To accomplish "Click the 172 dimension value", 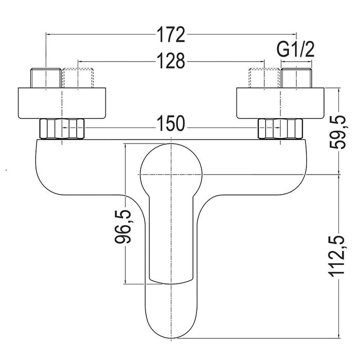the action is [x=171, y=34].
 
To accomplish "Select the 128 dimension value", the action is [x=171, y=61].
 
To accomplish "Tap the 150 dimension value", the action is [x=171, y=123].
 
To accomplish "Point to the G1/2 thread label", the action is [x=296, y=50].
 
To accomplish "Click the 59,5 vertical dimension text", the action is [x=337, y=132].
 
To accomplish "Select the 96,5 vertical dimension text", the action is [x=123, y=227].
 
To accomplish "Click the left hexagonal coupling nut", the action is [x=62, y=129].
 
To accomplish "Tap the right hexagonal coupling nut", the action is [x=280, y=129].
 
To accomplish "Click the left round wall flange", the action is [x=62, y=103].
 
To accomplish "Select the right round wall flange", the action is [x=280, y=103].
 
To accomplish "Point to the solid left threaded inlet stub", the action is [x=46, y=78].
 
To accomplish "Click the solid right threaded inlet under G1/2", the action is [x=296, y=78].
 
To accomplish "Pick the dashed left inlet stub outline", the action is [x=78, y=78].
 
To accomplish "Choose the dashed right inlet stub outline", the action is [x=264, y=78].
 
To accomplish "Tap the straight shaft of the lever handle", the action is [x=171, y=239].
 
